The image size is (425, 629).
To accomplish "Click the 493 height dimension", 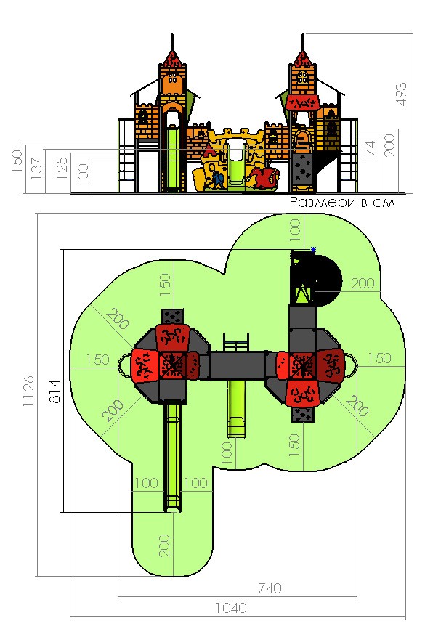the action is pos(401,94).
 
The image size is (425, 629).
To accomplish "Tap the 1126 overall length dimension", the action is pos(28,391).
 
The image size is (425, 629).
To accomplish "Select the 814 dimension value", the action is pos(54,391).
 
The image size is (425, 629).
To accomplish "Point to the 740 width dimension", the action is pos(270,588).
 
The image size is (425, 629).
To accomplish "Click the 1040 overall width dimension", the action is pos(231,608).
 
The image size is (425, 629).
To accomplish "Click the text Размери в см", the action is pos(342,202).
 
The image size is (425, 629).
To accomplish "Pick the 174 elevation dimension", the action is pos(370,151).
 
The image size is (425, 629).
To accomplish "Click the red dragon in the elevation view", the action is pos(264,178).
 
